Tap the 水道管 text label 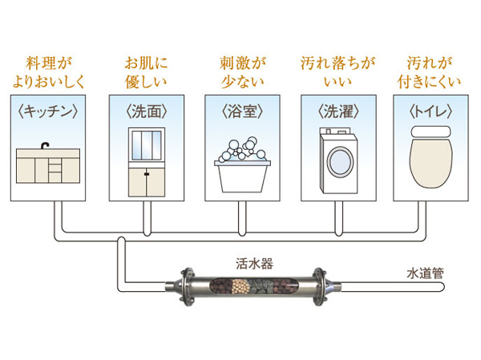tap(422, 273)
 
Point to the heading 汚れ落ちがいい tap(336, 71)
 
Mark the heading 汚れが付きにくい tap(432, 71)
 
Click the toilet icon tap(432, 156)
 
